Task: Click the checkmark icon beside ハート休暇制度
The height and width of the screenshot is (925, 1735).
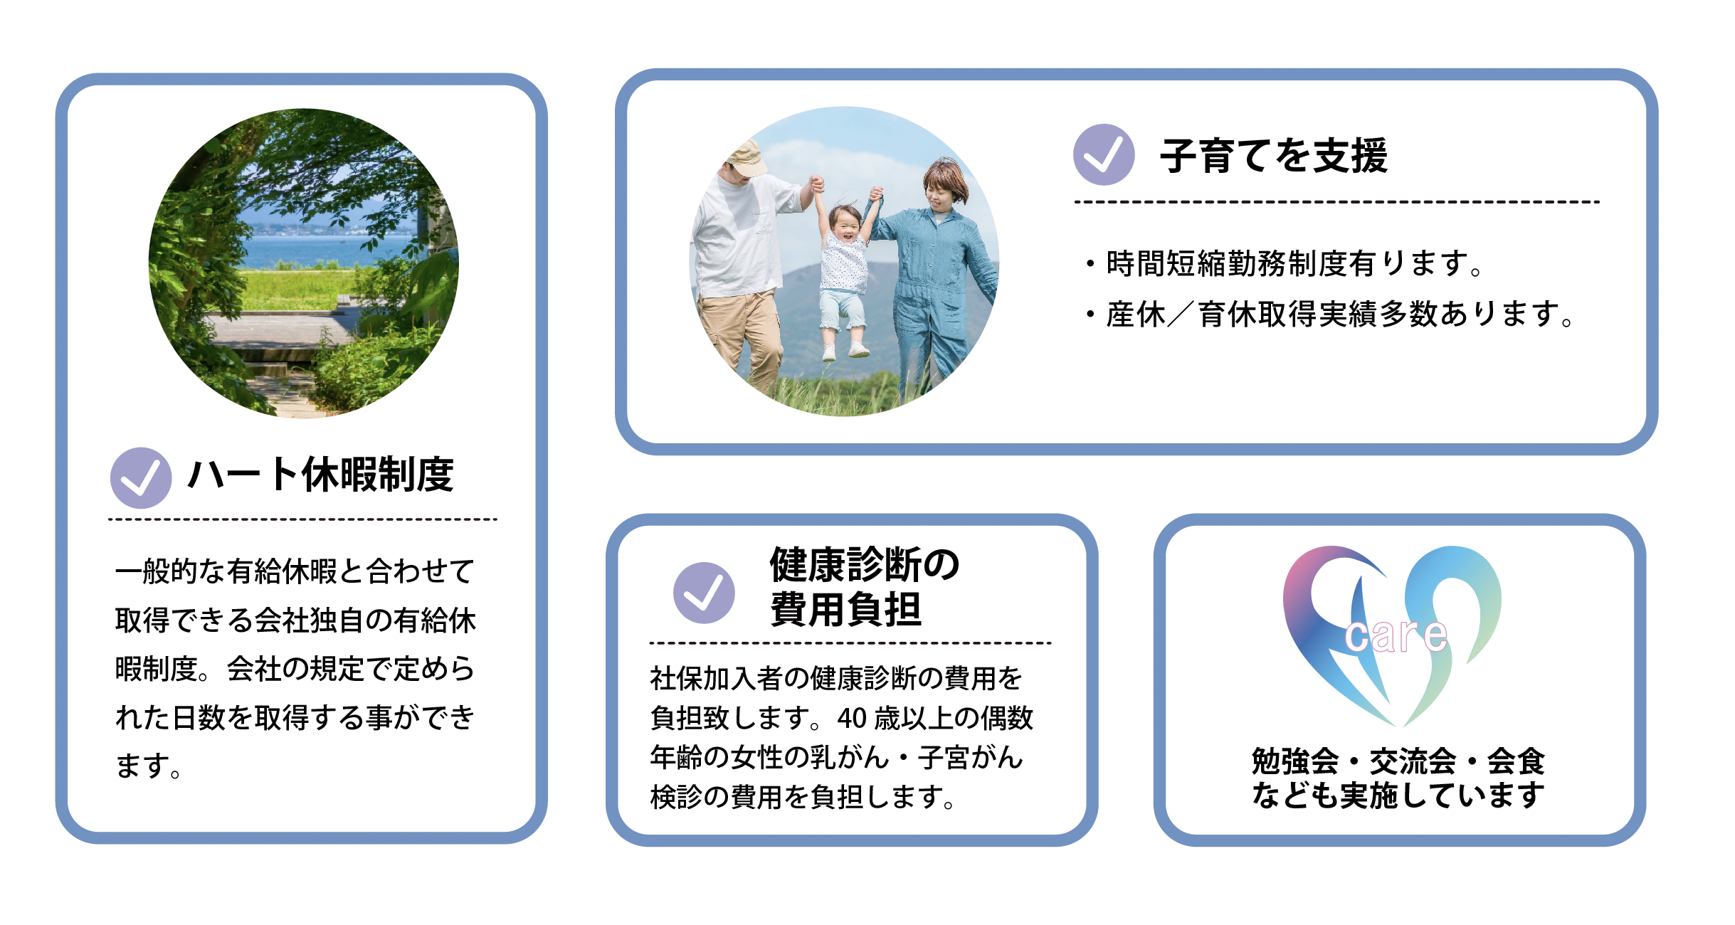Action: (141, 478)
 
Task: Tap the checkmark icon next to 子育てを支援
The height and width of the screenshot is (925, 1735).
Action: (1104, 154)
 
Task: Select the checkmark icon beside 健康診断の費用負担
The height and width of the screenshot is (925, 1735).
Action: (704, 593)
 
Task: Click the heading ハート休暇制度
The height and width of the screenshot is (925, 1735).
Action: (320, 475)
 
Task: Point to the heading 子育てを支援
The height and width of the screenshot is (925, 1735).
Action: (1274, 155)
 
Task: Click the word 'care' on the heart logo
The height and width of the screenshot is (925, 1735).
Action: (1396, 635)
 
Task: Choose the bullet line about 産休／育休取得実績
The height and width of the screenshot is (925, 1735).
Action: (1330, 314)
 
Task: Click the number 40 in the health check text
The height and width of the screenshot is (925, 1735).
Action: (852, 719)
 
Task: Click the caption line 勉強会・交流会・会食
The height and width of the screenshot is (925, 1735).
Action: (1398, 761)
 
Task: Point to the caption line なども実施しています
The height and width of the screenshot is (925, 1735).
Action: (1398, 795)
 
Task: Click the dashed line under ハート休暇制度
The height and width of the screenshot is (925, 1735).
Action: (302, 519)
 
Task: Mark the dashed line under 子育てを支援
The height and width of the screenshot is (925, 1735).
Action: (1337, 202)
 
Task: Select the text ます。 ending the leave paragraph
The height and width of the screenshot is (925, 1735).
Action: (149, 766)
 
